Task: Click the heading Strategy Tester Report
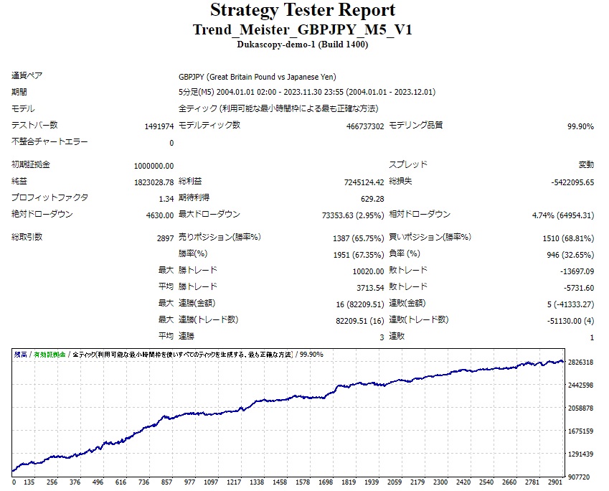(302, 11)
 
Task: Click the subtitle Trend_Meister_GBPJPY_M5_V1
(302, 30)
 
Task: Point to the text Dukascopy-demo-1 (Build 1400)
(302, 45)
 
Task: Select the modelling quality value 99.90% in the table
(580, 126)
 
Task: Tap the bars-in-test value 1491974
(159, 126)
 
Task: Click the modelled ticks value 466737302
(365, 126)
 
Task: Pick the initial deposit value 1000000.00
(154, 166)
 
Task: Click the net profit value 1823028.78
(154, 182)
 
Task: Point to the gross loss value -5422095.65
(572, 182)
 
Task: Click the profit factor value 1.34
(166, 199)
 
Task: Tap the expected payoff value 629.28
(372, 199)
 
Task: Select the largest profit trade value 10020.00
(368, 271)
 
